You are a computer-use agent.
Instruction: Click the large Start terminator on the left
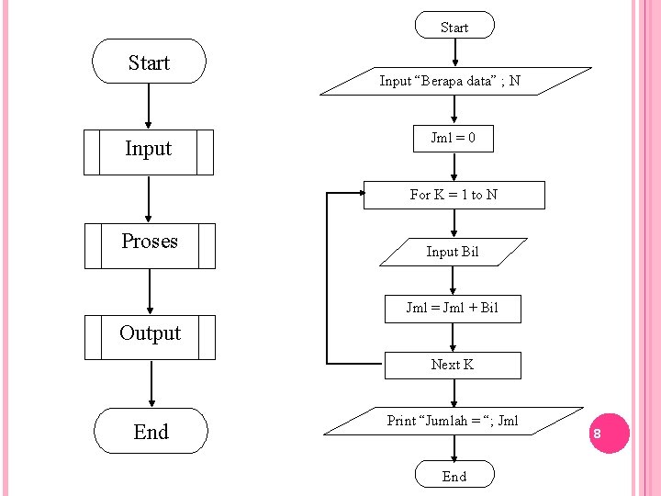coord(149,62)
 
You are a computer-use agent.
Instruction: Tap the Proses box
coord(150,245)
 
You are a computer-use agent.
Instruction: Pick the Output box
coord(150,336)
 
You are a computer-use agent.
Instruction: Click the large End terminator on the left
coord(150,431)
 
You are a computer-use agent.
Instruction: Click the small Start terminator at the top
coord(454,26)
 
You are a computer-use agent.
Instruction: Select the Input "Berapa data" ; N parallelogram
coord(454,81)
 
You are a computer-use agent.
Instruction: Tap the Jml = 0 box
coord(453,139)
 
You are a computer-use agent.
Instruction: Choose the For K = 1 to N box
coord(454,195)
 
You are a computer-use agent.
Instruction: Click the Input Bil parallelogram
coord(453,252)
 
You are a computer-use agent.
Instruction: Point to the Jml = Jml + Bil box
coord(453,309)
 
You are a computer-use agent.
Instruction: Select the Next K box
coord(453,365)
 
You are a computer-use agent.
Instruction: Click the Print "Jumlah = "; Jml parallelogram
coord(454,421)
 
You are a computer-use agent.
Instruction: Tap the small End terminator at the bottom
coord(454,475)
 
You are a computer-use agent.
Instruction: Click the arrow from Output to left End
coord(151,383)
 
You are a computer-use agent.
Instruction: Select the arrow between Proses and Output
coord(150,291)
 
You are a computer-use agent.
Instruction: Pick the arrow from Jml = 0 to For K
coord(454,166)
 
